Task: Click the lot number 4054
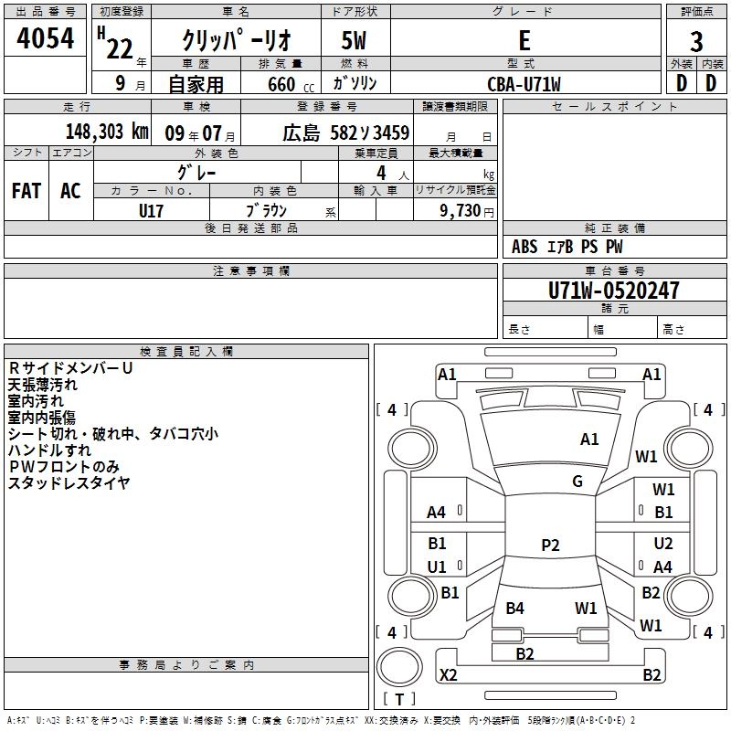coord(45,38)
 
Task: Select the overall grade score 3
coord(696,42)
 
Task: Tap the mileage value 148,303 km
coord(107,132)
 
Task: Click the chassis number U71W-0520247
coord(613,291)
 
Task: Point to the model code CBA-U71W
coord(524,84)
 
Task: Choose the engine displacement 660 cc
coord(291,85)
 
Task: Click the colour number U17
coord(151,211)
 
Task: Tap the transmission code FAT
coord(26,191)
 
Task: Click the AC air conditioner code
coord(70,191)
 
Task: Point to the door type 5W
coord(354,40)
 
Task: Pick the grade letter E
coord(524,40)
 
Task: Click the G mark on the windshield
coord(577,482)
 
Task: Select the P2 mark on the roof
coord(550,545)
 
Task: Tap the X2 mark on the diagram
coord(448,674)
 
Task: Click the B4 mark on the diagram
coord(514,608)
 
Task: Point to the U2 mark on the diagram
coord(663,544)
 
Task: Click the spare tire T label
coord(399,699)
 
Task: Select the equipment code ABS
coord(524,247)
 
